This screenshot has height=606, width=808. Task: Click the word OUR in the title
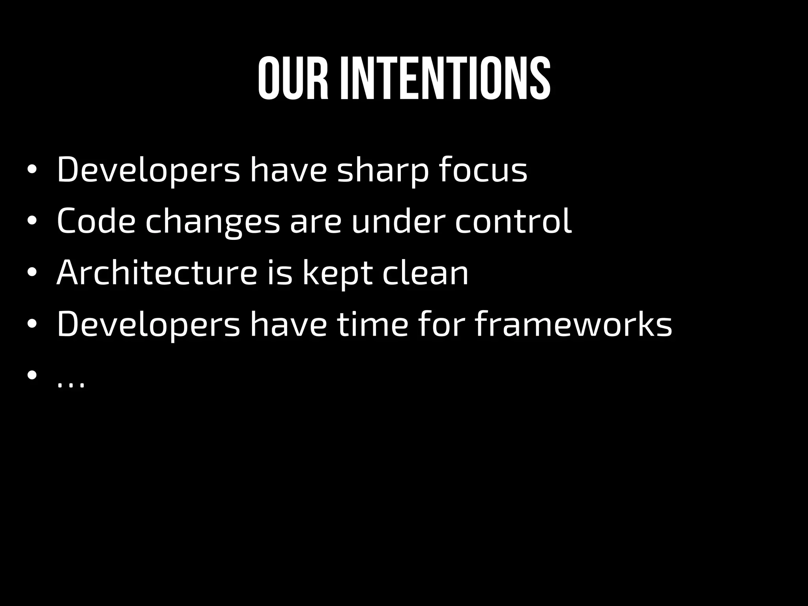pos(293,79)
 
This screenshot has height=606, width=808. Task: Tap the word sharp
pos(382,170)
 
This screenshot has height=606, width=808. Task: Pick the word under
pos(398,221)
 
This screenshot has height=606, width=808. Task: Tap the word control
pos(513,221)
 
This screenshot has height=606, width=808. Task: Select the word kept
pos(337,273)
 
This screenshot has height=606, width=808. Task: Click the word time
pos(372,324)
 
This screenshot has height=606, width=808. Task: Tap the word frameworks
pos(573,324)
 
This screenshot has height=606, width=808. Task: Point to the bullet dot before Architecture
pos(32,273)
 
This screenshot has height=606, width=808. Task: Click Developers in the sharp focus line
pos(148,170)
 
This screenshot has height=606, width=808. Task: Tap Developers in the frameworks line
pos(148,325)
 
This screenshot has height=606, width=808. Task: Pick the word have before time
pos(288,324)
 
